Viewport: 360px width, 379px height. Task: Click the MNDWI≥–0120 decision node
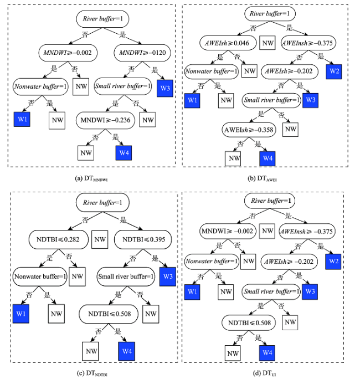(142, 53)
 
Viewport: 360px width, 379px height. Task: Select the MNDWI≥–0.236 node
(105, 120)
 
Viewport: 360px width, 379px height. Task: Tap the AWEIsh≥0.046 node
(228, 43)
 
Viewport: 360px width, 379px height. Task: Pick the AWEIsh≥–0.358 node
(249, 130)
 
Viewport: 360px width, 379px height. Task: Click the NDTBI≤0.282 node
(59, 239)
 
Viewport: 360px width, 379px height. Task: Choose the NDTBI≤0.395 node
(143, 239)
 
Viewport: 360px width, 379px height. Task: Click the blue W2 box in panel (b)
(334, 71)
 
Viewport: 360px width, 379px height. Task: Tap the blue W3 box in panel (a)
(165, 88)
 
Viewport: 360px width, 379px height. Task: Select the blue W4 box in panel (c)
(127, 351)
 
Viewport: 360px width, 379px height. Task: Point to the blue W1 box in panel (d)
(192, 292)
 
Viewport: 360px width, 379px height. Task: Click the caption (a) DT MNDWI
(91, 178)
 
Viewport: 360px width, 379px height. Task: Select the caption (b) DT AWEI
(262, 178)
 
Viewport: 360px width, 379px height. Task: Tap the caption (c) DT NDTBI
(92, 373)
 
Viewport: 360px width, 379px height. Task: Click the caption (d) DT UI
(264, 373)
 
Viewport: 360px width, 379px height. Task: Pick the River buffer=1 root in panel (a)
(102, 19)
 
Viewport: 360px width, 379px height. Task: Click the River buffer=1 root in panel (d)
(270, 201)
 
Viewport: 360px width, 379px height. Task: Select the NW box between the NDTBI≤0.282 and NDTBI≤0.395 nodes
(100, 239)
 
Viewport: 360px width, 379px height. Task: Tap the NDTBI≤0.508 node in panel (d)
(249, 322)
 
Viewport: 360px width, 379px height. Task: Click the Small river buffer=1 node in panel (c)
(126, 276)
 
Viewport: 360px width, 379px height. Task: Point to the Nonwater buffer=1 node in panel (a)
(40, 86)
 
